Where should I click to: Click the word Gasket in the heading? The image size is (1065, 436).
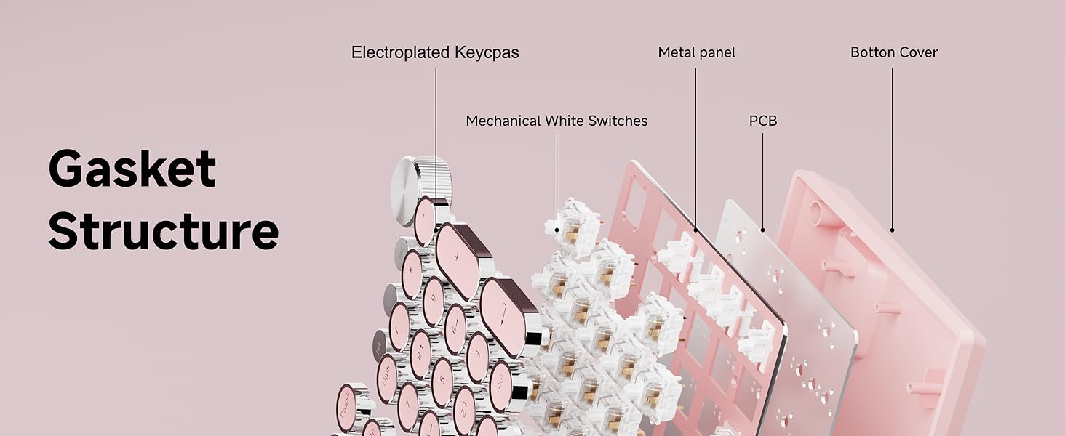[x=132, y=169]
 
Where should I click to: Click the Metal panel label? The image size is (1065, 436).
[x=696, y=52]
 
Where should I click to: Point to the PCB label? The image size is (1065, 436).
[x=763, y=121]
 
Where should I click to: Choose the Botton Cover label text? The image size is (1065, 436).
[x=894, y=52]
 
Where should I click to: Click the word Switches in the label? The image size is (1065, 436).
[x=618, y=121]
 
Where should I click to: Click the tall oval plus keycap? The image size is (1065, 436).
[x=462, y=260]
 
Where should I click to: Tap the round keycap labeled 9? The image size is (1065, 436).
[x=434, y=301]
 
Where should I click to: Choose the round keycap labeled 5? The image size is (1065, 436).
[x=442, y=381]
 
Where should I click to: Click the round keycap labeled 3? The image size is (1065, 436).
[x=478, y=357]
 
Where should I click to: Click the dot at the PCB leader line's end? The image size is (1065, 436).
[x=762, y=230]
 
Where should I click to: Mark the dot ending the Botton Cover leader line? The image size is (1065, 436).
[x=892, y=230]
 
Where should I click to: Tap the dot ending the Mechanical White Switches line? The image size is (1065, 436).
[x=557, y=230]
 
